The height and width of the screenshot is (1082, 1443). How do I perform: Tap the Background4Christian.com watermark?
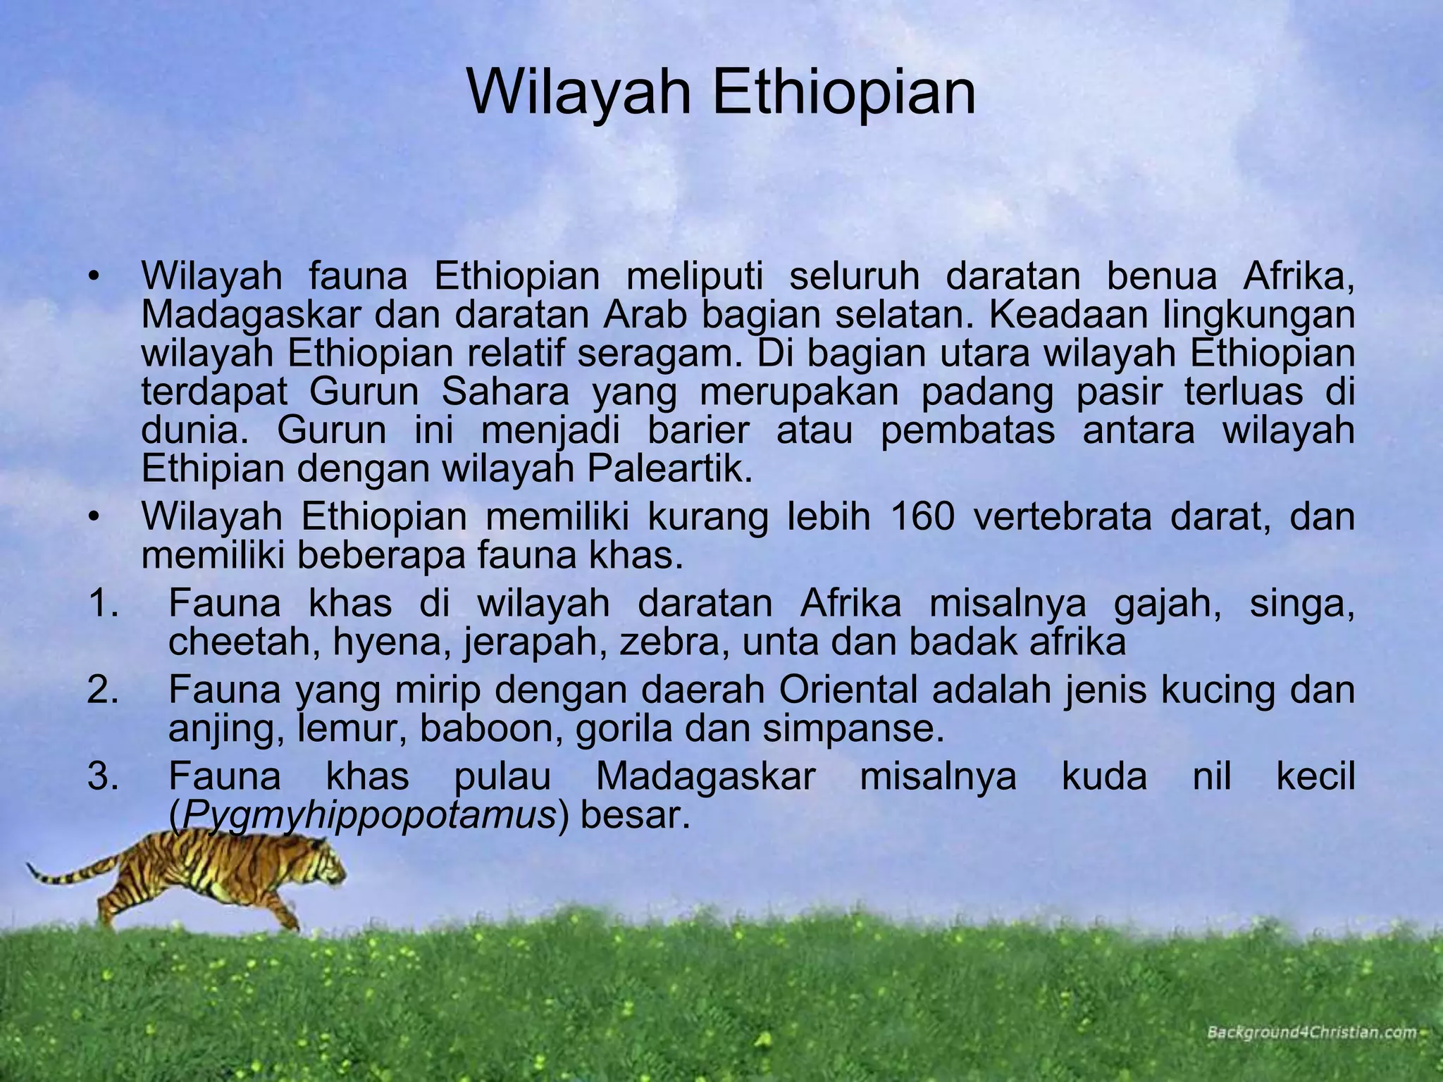click(x=1311, y=1033)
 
